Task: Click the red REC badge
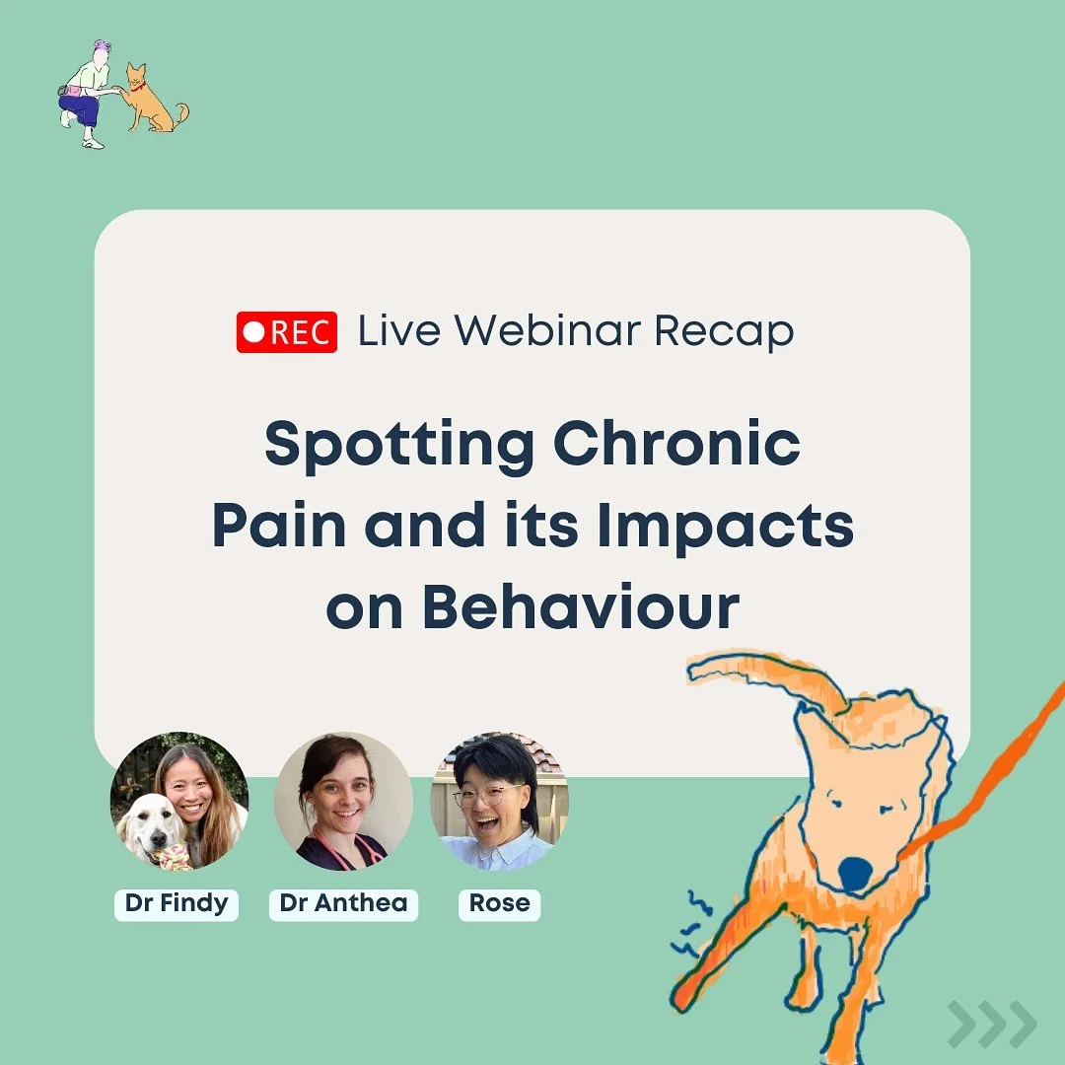click(287, 331)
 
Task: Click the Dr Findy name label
click(177, 903)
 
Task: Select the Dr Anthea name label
click(343, 903)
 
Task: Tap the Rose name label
click(499, 903)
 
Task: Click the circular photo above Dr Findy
click(179, 801)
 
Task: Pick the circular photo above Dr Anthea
click(343, 801)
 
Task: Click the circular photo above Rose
click(500, 801)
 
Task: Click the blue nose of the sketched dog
click(854, 874)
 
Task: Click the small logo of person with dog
click(120, 95)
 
